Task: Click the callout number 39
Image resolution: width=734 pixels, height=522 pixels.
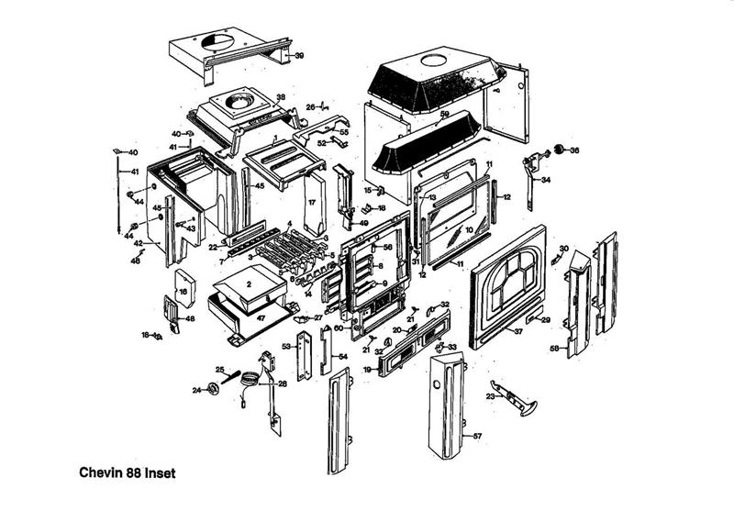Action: coord(299,56)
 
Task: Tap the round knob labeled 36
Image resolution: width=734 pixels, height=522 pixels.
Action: coord(559,150)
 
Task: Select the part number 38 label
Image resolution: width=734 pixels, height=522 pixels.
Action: coord(281,97)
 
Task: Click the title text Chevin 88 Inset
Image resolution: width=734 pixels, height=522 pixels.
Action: coord(121,474)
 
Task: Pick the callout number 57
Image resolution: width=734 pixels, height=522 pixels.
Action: coord(476,437)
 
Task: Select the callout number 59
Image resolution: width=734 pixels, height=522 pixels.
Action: coord(445,115)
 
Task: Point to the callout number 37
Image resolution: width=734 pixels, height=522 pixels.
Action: coord(517,330)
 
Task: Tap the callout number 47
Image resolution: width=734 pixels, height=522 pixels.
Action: coord(261,317)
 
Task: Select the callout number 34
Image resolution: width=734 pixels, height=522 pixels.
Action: coord(546,181)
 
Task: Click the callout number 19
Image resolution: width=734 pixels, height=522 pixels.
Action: coord(367,370)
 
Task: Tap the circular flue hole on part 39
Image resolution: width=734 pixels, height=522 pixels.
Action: coord(217,39)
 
